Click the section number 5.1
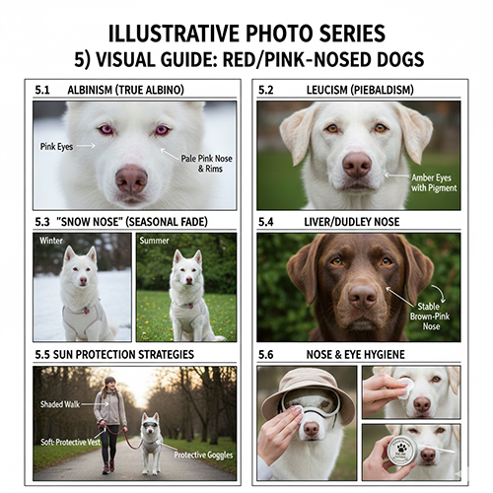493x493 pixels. (41, 90)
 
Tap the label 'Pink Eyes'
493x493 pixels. (58, 146)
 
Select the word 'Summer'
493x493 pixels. (154, 241)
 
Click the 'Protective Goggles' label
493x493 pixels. (205, 455)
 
